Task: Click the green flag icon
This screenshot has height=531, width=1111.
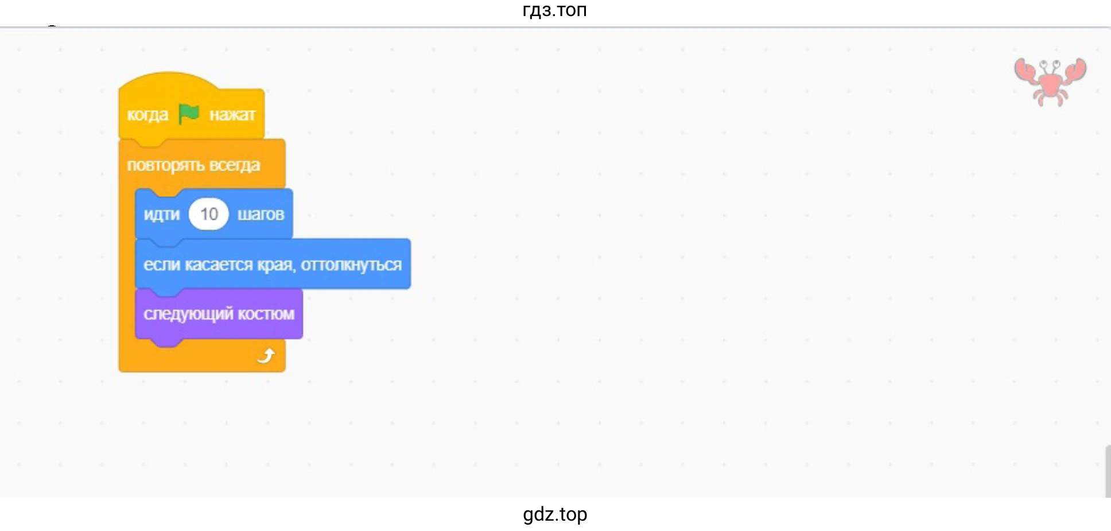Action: pos(188,114)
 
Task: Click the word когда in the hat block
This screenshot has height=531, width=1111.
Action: pos(147,115)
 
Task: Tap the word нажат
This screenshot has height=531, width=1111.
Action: pos(232,115)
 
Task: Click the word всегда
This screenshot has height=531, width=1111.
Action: pos(235,165)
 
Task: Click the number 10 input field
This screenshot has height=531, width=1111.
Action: pos(209,214)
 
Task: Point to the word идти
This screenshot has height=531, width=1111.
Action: pos(161,215)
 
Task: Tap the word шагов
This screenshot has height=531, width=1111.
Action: pos(261,215)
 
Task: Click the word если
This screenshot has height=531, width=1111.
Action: pos(158,265)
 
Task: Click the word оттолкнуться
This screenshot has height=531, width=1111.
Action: pos(351,265)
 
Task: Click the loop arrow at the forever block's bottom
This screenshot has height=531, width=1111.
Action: pos(266,356)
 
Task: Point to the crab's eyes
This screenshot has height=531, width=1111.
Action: pos(1050,64)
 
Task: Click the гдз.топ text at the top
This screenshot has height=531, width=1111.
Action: pos(554,10)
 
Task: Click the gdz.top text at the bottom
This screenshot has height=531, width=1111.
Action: pos(555,514)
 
